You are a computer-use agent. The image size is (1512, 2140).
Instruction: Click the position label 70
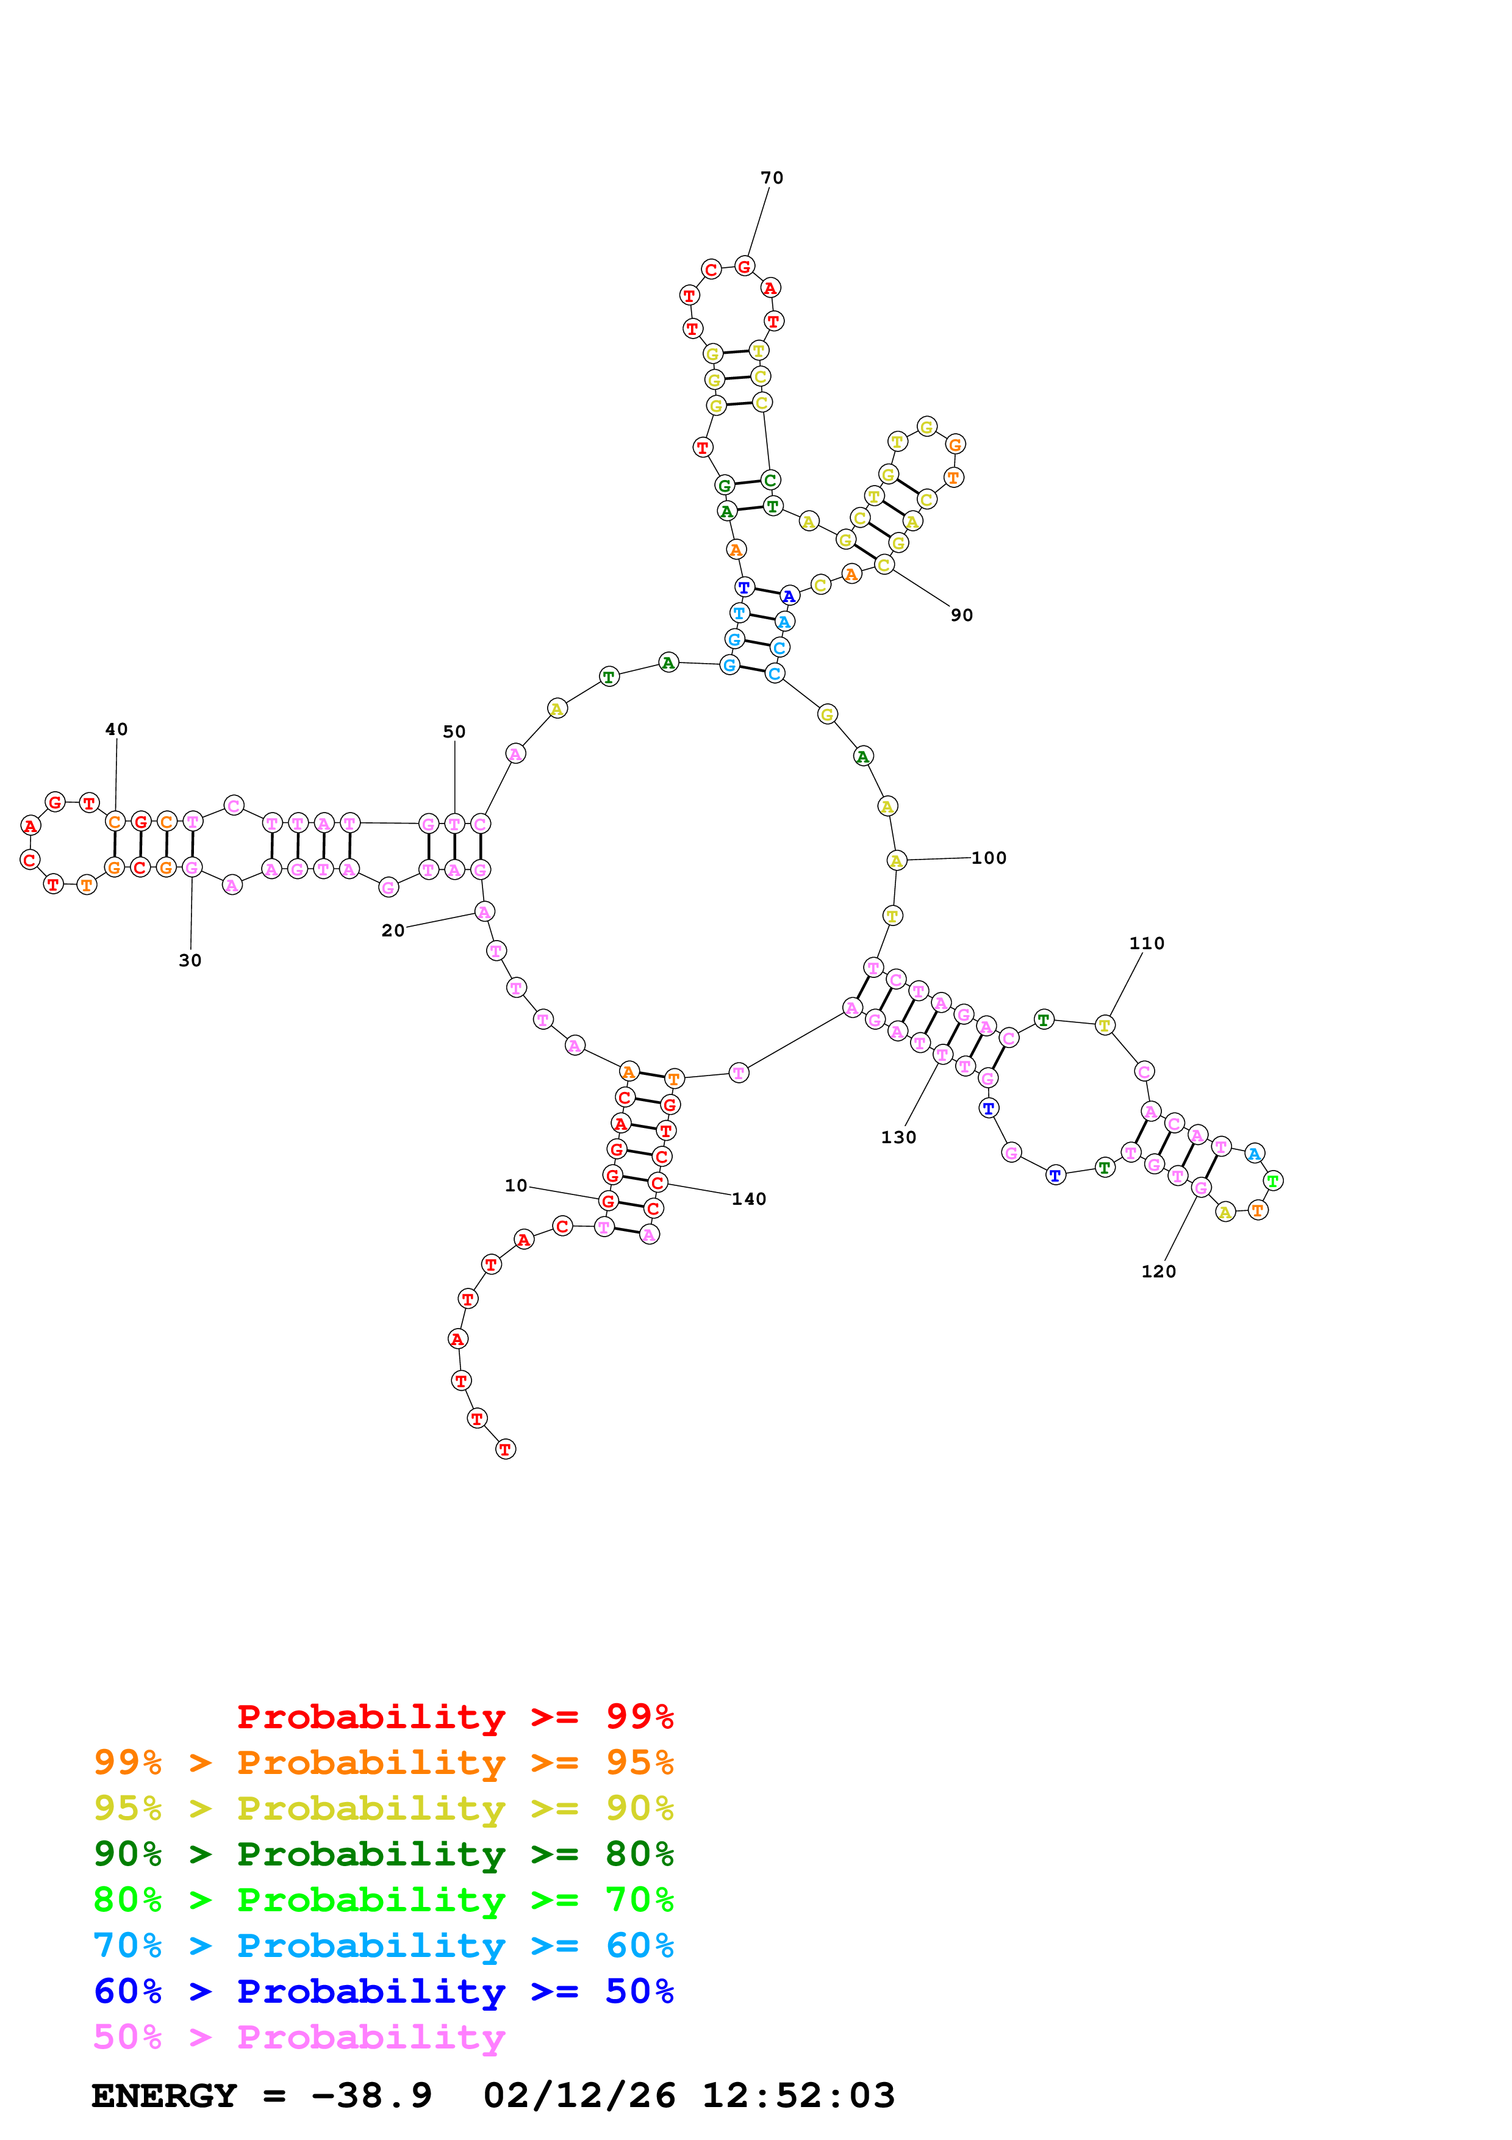click(x=772, y=178)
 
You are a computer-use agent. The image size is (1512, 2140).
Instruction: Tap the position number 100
click(x=989, y=858)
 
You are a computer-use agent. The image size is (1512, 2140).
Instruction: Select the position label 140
click(x=748, y=1199)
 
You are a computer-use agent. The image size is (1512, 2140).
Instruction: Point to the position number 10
click(x=515, y=1185)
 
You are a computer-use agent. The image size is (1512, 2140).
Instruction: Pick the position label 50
click(x=454, y=731)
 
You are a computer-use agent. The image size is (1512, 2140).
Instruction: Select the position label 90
click(x=961, y=615)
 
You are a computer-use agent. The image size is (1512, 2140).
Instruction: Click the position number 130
click(x=898, y=1137)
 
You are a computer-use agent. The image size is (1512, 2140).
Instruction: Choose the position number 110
click(x=1146, y=943)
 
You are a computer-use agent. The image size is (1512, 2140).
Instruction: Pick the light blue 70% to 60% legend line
click(x=383, y=1945)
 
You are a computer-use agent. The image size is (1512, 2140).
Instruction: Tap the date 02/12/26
click(x=579, y=2095)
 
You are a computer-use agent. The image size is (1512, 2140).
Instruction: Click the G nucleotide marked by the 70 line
click(x=743, y=267)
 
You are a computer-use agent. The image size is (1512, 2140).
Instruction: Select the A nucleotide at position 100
click(x=896, y=860)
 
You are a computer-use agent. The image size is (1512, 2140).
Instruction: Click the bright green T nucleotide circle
click(x=1272, y=1181)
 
